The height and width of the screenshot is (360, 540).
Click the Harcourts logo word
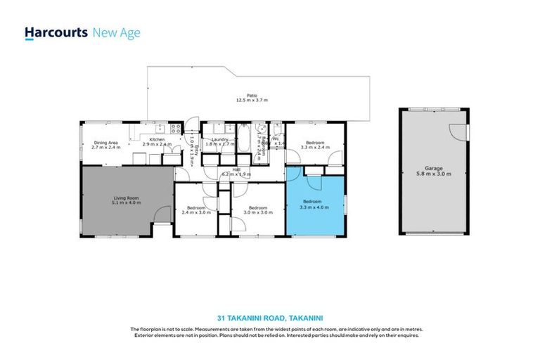56,32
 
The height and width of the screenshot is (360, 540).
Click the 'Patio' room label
251,96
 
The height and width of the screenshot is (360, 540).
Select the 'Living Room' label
127,198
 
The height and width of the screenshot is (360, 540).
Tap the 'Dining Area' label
106,143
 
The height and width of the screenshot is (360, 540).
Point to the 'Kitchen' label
157,139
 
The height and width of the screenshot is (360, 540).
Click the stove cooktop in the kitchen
174,128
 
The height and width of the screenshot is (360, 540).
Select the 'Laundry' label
217,139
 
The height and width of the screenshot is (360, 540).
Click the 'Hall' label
226,169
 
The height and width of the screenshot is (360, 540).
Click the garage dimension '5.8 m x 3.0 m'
433,174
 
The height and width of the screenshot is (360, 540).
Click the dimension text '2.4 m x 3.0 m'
195,212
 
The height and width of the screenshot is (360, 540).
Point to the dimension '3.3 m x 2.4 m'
315,148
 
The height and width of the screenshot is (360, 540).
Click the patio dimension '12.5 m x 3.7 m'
252,101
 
